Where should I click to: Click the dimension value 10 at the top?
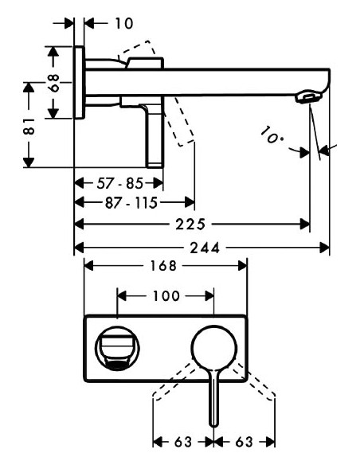point(123,24)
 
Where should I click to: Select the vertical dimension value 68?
point(54,83)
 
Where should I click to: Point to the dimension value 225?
point(194,225)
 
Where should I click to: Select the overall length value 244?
point(202,248)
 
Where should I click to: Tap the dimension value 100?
point(165,295)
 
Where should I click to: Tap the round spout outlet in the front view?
point(117,350)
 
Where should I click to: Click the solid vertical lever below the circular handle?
point(213,402)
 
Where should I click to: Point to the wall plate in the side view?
point(78,83)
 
